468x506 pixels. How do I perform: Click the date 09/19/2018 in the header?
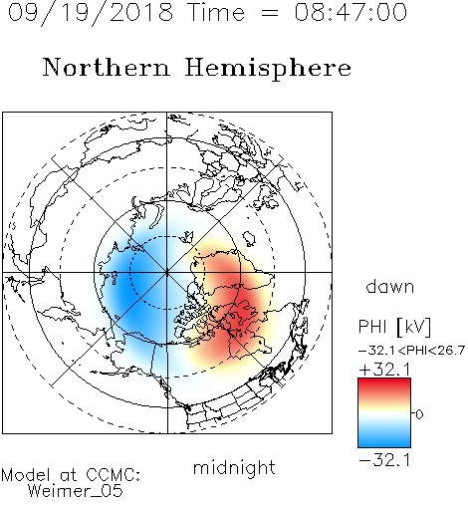pyautogui.click(x=91, y=13)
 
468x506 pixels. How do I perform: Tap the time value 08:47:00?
pyautogui.click(x=351, y=12)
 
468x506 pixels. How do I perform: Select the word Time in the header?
pyautogui.click(x=216, y=12)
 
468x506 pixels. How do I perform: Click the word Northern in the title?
pyautogui.click(x=107, y=67)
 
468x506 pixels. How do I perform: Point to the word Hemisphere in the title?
pyautogui.click(x=268, y=68)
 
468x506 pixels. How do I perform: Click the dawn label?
pyautogui.click(x=390, y=286)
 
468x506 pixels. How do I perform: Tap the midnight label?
pyautogui.click(x=234, y=467)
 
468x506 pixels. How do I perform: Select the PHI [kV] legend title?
pyautogui.click(x=394, y=327)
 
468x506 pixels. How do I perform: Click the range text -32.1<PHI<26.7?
pyautogui.click(x=411, y=351)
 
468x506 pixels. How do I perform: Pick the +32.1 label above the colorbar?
pyautogui.click(x=385, y=370)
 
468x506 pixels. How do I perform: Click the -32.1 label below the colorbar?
pyautogui.click(x=385, y=460)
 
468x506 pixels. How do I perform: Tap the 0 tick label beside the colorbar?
pyautogui.click(x=419, y=414)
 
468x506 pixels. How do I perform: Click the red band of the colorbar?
pyautogui.click(x=384, y=386)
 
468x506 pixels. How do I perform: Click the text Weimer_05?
pyautogui.click(x=76, y=491)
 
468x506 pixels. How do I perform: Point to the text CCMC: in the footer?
pyautogui.click(x=114, y=475)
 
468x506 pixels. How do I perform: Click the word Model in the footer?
pyautogui.click(x=26, y=475)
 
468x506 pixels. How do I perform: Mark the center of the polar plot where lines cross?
pyautogui.click(x=167, y=272)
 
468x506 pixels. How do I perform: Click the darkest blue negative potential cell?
pyautogui.click(x=127, y=290)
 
